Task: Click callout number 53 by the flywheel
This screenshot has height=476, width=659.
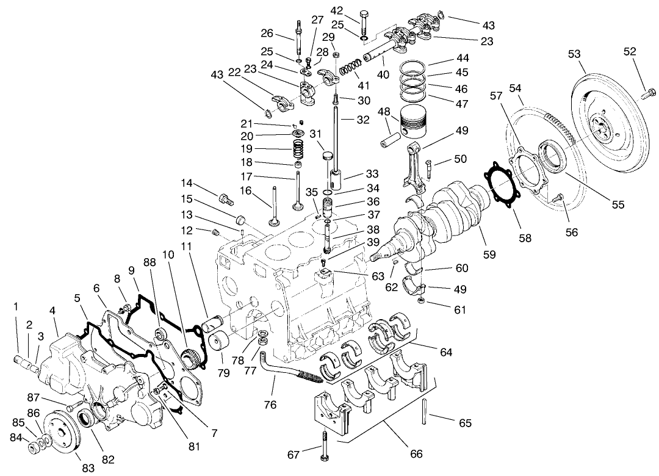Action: pos(574,54)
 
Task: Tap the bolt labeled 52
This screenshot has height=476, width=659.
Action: pos(649,93)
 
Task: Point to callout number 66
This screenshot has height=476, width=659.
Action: pos(415,453)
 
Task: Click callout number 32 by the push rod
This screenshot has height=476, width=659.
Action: pos(363,120)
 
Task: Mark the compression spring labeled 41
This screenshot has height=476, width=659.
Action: pos(351,69)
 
